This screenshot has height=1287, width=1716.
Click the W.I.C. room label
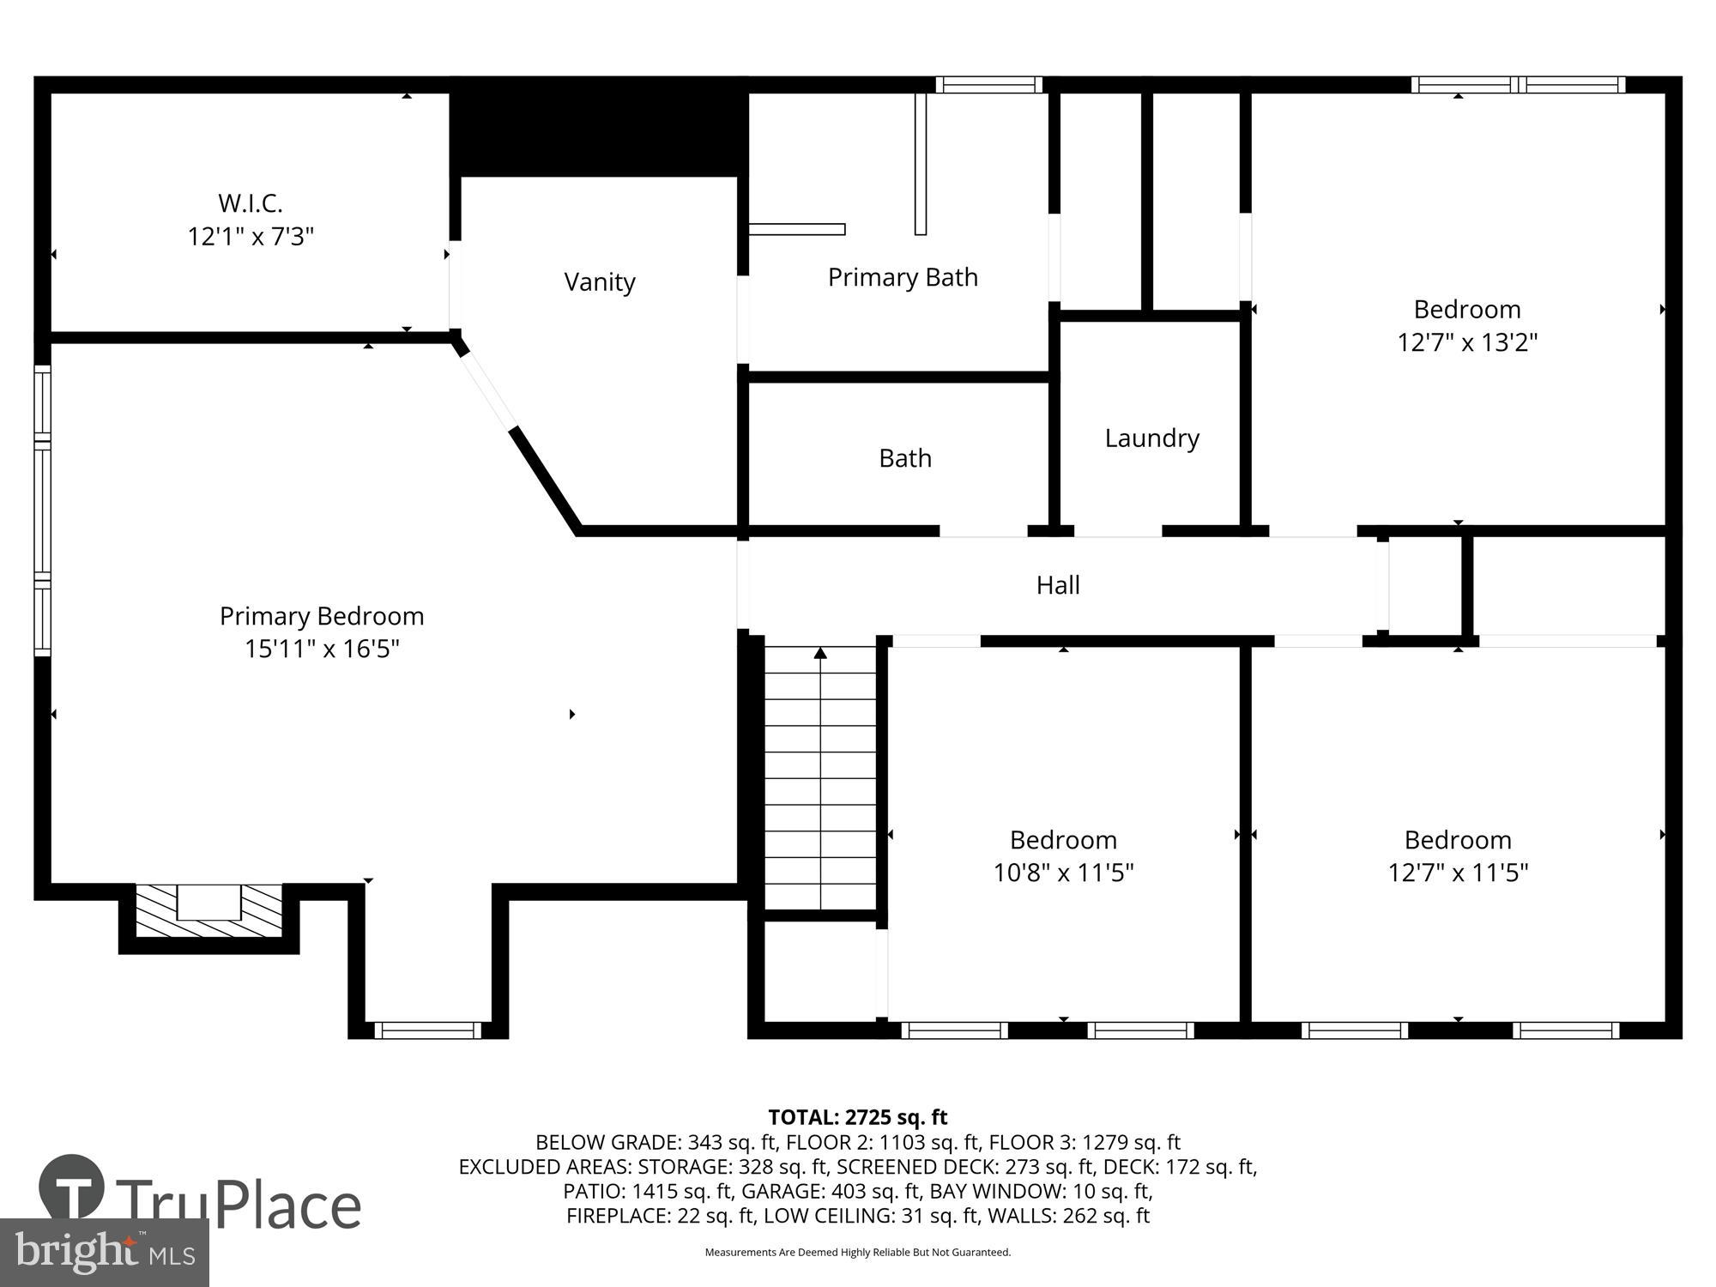pos(250,203)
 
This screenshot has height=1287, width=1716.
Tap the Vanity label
pos(599,282)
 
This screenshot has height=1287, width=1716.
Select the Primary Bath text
pos(903,277)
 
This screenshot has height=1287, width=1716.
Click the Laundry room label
pos(1151,438)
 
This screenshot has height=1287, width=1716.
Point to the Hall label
pos(1057,585)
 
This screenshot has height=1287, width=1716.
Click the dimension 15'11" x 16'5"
pos(322,649)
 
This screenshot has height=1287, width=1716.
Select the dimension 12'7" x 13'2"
pos(1466,342)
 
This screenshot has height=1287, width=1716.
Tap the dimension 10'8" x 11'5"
pos(1063,873)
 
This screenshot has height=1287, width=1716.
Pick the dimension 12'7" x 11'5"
pos(1458,873)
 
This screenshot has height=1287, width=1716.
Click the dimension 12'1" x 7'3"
pos(251,236)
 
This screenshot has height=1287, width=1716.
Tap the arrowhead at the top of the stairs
pos(820,654)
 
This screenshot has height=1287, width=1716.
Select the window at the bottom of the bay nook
pos(427,1030)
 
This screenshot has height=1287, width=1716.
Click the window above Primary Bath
pos(988,84)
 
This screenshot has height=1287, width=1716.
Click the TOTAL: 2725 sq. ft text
pos(857,1117)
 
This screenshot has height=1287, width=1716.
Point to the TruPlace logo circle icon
pos(72,1188)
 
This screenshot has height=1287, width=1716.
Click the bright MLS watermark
pos(105,1252)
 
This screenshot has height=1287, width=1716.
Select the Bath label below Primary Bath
pos(904,458)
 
